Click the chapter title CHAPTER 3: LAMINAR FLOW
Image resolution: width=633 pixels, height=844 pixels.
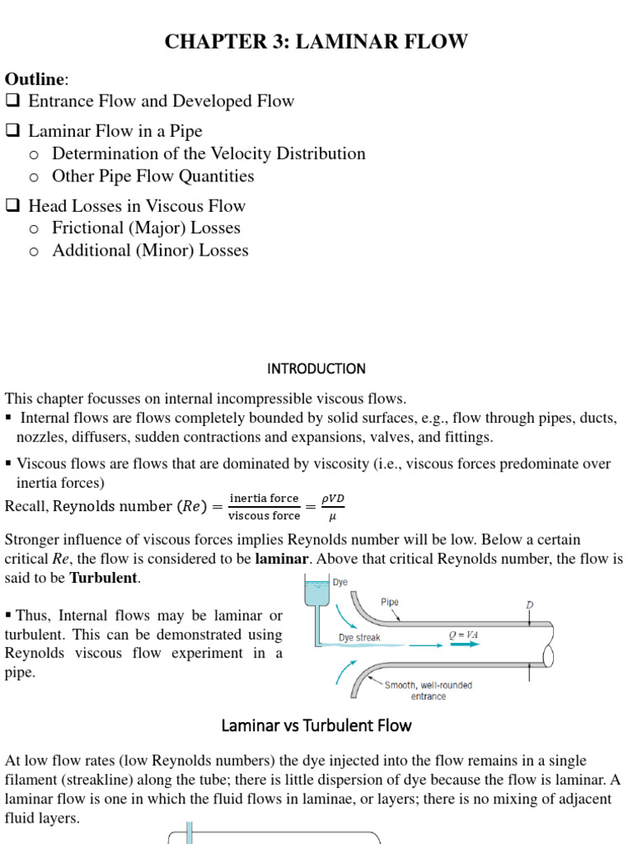(316, 42)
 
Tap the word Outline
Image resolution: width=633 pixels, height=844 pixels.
(35, 79)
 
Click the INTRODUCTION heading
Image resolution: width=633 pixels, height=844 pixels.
(316, 368)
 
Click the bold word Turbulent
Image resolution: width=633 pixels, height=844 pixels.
(104, 578)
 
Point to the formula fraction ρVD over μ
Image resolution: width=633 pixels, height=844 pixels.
(334, 507)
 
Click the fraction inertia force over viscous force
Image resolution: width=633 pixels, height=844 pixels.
(264, 507)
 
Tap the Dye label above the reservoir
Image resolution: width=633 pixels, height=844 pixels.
(340, 582)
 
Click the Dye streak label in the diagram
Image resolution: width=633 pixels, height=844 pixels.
(359, 638)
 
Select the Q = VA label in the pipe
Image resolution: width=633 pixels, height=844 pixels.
(463, 635)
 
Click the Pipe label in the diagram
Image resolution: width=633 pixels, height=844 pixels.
(390, 602)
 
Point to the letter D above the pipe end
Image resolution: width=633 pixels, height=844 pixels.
(529, 606)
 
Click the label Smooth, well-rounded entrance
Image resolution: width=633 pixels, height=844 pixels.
(429, 691)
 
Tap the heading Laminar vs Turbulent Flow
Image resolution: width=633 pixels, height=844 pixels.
(316, 725)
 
